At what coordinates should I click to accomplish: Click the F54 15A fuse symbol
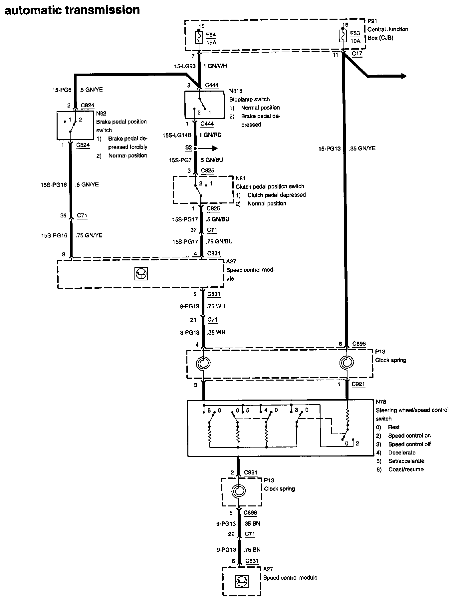199,37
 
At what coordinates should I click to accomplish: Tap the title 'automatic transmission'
72,10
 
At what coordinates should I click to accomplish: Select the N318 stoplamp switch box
204,105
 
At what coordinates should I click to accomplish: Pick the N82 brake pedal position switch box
75,125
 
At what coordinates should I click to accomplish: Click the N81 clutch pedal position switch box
203,189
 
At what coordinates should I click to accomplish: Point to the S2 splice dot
195,148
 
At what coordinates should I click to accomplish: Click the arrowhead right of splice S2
215,148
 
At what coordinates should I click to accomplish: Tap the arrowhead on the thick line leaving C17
403,76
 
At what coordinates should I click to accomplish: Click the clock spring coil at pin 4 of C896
203,363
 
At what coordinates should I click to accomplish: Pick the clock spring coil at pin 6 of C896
347,363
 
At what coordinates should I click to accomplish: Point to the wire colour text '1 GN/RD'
210,135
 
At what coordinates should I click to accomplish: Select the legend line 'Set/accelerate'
406,461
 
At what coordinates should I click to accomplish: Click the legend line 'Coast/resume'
406,469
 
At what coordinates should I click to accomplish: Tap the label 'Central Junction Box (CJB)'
388,33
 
